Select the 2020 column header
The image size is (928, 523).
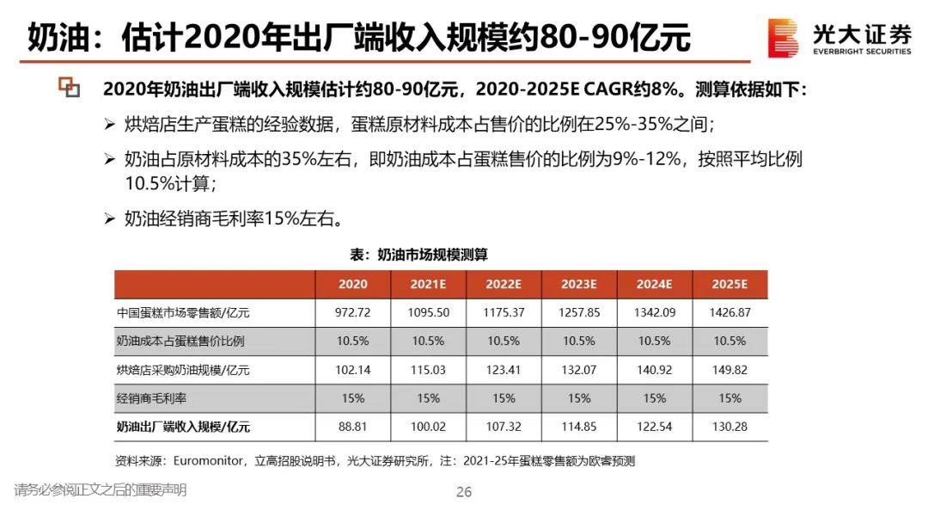[x=353, y=285]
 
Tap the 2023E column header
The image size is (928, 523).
[x=579, y=285]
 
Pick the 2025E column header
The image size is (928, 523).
[x=730, y=285]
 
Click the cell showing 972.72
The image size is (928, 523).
[x=353, y=313]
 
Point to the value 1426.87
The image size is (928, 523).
[x=730, y=313]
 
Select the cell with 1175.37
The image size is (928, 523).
[x=504, y=313]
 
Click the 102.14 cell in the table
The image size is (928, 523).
[x=353, y=370]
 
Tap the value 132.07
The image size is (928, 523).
[x=579, y=370]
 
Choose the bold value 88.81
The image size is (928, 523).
[x=353, y=427]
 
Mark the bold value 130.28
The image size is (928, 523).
[x=730, y=427]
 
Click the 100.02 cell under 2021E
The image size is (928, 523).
[x=428, y=427]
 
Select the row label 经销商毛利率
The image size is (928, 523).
[x=150, y=398]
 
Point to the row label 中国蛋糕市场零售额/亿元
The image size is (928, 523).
[x=176, y=313]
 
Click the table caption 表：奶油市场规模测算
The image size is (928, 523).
[x=418, y=255]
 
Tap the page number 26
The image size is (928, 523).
[x=464, y=492]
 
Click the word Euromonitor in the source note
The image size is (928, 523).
[x=210, y=461]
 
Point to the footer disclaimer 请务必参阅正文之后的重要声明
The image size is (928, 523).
[x=100, y=490]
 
